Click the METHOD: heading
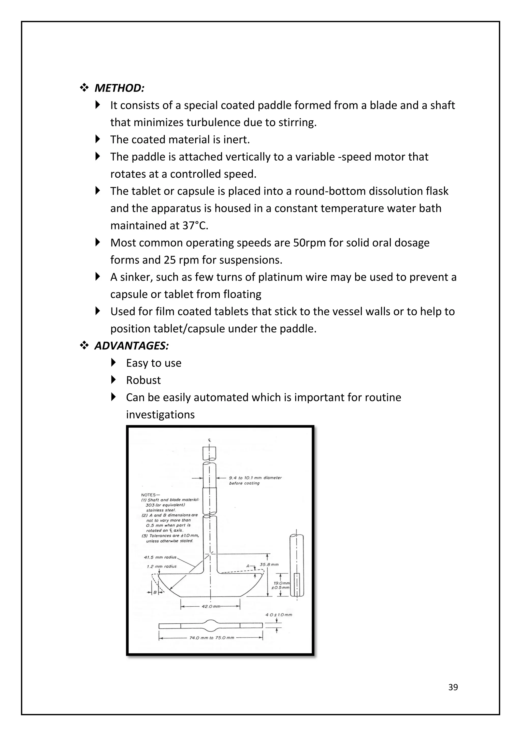tap(119, 88)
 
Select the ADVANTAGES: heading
tap(132, 346)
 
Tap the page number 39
tap(453, 687)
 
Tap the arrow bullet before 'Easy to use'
tap(113, 363)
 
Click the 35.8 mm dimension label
tap(269, 564)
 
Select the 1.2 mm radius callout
tap(162, 566)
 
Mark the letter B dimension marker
tap(155, 592)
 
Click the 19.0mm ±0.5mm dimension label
tap(281, 585)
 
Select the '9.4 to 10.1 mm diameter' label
tap(255, 478)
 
